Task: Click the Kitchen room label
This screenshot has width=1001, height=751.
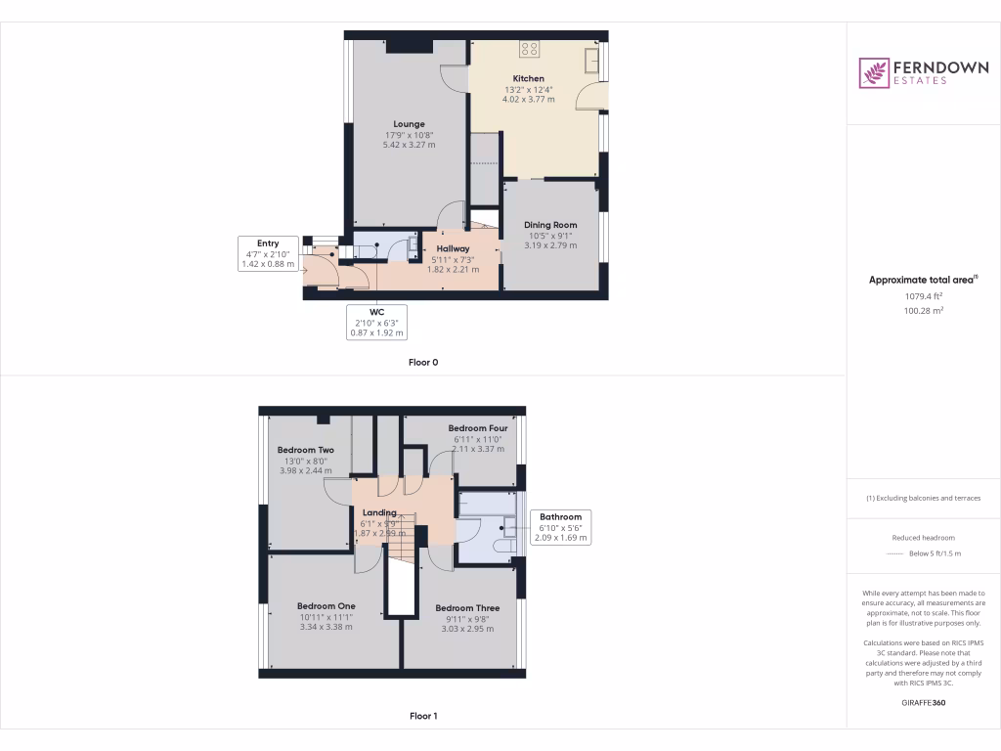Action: point(529,78)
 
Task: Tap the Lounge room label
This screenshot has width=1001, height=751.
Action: point(409,124)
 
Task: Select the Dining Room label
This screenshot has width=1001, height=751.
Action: point(551,225)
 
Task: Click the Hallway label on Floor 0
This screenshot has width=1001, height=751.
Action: point(453,249)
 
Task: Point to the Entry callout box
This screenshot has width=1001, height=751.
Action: point(268,253)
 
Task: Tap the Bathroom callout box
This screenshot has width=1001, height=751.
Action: point(560,527)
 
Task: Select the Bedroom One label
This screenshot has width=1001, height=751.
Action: point(326,606)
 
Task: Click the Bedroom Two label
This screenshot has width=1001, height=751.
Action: point(306,450)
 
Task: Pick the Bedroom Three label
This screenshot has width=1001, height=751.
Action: point(467,608)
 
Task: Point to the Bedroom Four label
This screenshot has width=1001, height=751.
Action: point(478,428)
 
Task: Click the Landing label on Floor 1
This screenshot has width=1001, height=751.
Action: point(379,512)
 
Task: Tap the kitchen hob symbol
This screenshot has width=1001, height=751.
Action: point(530,48)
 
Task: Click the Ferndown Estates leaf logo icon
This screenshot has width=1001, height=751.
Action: point(874,73)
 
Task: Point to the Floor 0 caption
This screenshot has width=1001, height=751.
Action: point(423,363)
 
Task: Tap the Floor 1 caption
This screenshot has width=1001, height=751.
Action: point(423,717)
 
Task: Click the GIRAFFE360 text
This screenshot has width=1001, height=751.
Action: point(923,702)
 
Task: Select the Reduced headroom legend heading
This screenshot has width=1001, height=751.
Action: point(923,538)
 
